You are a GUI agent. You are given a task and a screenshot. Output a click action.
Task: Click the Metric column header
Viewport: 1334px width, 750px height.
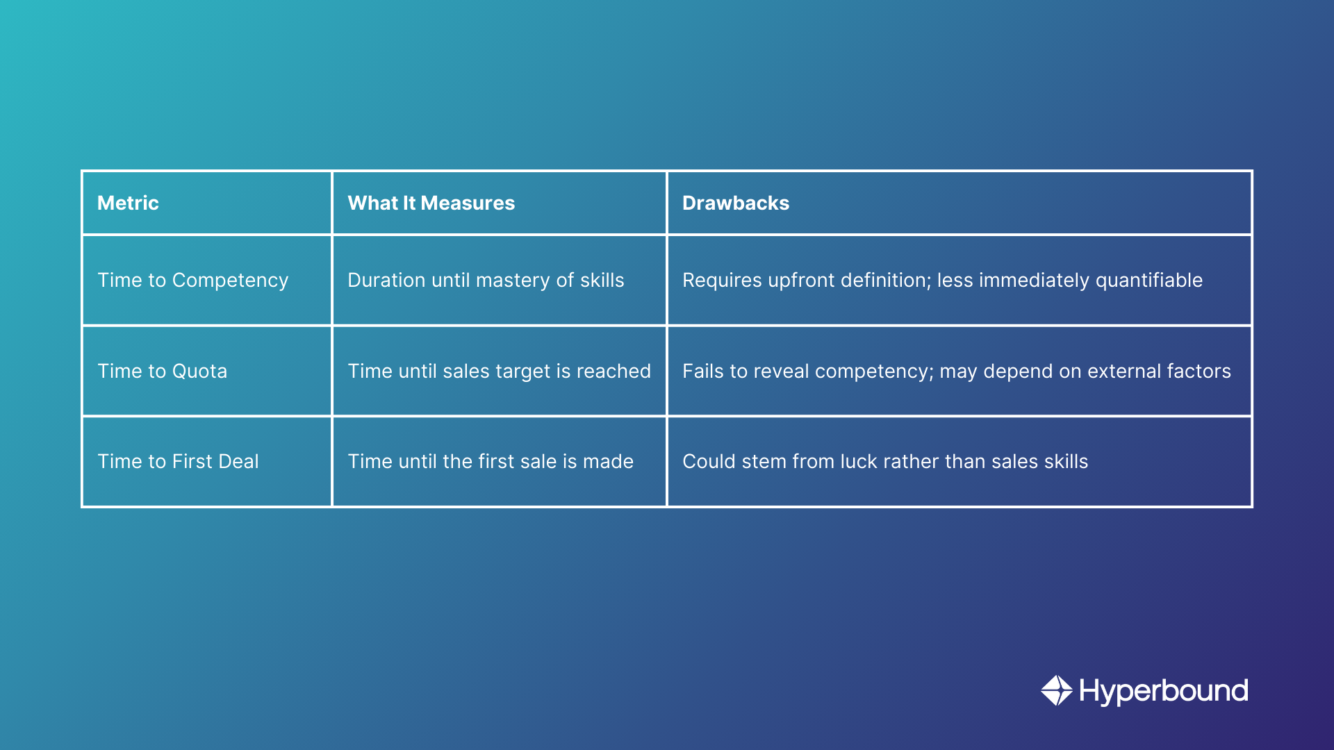[128, 203]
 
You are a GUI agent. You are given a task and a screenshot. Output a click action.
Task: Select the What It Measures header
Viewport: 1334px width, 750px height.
[431, 203]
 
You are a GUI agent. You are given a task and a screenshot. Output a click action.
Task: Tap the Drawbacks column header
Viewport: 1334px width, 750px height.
[735, 203]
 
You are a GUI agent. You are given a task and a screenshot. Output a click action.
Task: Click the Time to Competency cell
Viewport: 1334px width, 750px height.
[192, 280]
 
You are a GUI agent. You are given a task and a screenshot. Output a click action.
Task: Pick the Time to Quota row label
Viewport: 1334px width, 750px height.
[162, 371]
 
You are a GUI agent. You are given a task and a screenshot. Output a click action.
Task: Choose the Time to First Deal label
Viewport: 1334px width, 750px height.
[178, 461]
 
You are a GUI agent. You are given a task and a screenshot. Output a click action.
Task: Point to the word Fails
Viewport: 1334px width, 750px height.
[702, 371]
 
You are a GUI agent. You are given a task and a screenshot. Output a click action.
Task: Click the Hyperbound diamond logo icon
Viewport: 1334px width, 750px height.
[1057, 690]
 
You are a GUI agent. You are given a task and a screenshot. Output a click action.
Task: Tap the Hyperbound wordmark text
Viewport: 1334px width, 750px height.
[1163, 691]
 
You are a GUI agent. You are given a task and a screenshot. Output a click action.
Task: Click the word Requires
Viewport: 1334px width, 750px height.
[722, 280]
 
